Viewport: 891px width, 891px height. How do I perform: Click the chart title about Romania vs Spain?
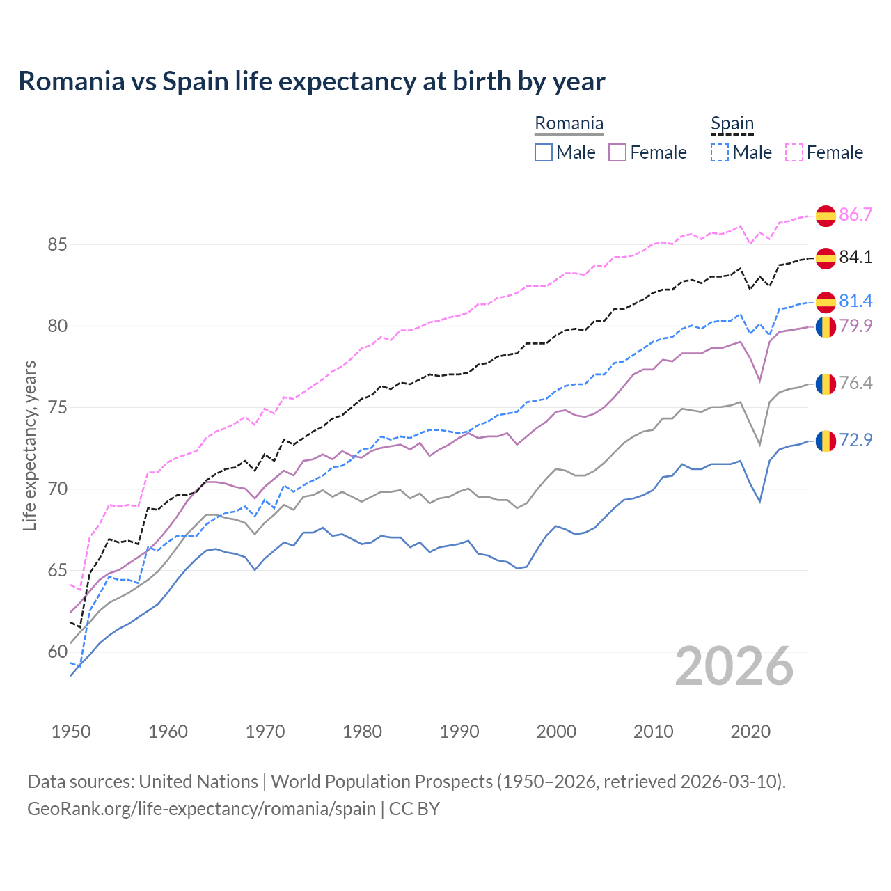311,81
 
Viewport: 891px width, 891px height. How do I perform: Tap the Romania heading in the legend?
569,124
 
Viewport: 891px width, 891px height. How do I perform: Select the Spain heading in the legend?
732,124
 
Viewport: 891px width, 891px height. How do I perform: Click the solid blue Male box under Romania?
544,152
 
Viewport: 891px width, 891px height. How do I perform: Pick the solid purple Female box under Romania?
617,152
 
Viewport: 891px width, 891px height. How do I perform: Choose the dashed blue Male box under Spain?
720,152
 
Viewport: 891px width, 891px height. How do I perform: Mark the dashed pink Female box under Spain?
794,152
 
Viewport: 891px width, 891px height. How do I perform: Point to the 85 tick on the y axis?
57,245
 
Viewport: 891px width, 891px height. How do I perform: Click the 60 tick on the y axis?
57,652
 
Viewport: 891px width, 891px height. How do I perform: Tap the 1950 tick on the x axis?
71,732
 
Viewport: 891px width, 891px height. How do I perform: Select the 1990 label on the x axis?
459,732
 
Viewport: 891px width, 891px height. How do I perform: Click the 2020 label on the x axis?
750,732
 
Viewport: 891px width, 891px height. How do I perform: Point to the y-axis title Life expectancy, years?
30,445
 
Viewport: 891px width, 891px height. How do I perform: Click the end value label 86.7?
855,215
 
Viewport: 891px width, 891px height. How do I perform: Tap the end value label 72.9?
855,441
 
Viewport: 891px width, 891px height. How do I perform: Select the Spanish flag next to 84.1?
826,258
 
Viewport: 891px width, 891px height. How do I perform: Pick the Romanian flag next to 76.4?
826,384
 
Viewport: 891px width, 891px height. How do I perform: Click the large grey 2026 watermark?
734,667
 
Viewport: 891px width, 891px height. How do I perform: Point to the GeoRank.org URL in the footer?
201,809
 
